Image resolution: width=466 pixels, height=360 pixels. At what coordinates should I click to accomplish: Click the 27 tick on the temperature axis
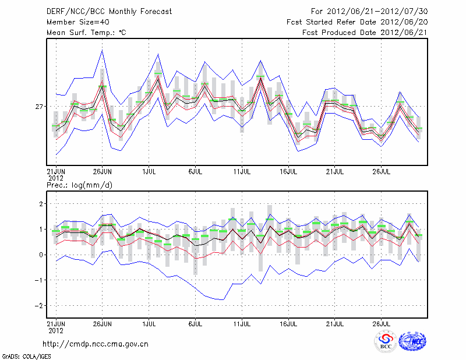pos(39,107)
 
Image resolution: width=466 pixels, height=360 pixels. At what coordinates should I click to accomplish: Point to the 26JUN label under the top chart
pos(103,172)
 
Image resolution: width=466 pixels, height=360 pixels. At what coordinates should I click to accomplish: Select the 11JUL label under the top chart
pos(242,172)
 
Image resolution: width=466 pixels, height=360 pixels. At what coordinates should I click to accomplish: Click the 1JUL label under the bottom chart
pos(149,322)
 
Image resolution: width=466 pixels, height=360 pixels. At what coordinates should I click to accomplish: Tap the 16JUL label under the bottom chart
pos(288,322)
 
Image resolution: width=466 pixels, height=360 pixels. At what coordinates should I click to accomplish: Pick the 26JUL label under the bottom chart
pos(381,322)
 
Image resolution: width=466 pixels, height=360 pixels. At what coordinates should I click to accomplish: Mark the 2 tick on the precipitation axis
pos(41,203)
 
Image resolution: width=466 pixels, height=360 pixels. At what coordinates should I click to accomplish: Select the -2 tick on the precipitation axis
pos(38,305)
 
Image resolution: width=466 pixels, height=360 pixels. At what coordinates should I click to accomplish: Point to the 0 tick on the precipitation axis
pos(41,255)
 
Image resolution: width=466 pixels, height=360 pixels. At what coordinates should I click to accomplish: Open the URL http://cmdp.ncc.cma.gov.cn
pos(96,344)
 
